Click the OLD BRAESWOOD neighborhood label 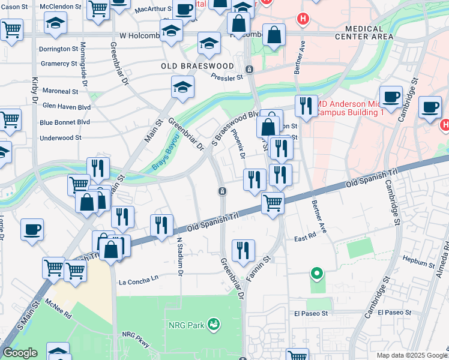(x=197, y=65)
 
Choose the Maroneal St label (x=59, y=92)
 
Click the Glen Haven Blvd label (x=66, y=106)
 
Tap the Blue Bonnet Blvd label (x=64, y=122)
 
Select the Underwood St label (x=60, y=137)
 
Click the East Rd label (x=305, y=238)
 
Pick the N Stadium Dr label (x=179, y=256)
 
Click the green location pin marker (x=316, y=274)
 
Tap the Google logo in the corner (x=20, y=353)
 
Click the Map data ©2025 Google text (x=411, y=355)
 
